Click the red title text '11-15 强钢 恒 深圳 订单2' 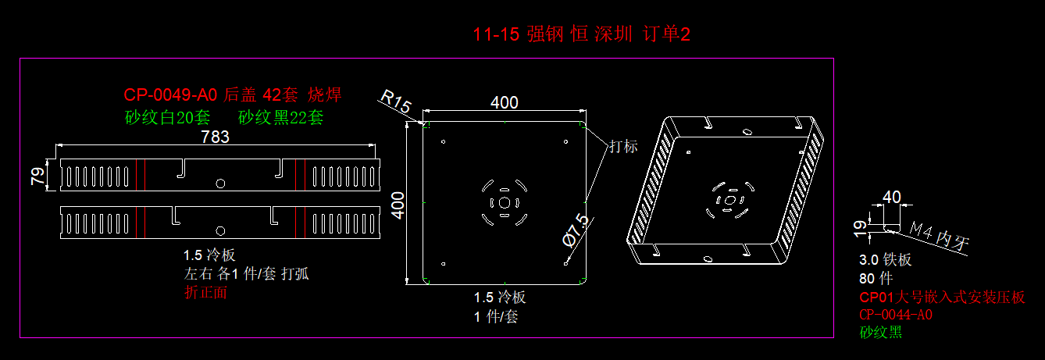click(582, 34)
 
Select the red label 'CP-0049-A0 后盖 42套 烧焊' click(232, 95)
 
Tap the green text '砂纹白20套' click(167, 118)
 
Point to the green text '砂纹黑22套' click(280, 118)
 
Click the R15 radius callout click(396, 102)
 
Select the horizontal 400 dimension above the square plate click(504, 103)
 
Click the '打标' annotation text click(623, 146)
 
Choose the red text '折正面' click(205, 292)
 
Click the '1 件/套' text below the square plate click(495, 316)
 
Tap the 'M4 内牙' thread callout click(940, 238)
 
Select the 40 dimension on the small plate click(891, 197)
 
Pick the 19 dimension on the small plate click(860, 227)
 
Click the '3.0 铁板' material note click(885, 260)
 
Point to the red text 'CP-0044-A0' click(896, 315)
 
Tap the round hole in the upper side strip click(220, 183)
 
